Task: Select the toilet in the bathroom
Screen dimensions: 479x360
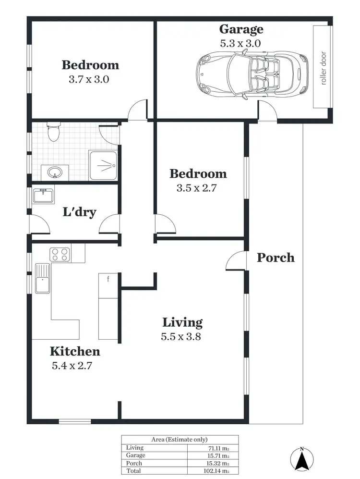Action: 53,131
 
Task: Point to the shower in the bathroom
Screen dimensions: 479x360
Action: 103,165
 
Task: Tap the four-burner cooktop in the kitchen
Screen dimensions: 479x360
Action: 60,254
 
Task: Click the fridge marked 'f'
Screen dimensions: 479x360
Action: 108,285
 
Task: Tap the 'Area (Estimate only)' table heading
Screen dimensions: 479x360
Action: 180,439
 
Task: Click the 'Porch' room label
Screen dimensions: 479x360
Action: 276,258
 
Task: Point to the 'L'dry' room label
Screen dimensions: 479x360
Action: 80,212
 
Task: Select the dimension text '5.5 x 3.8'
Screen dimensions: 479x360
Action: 180,336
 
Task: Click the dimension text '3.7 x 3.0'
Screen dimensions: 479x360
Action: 89,79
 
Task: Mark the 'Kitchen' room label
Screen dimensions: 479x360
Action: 75,351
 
